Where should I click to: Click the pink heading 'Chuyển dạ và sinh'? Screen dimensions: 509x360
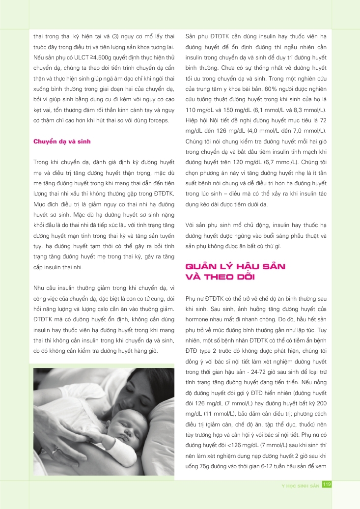coord(62,142)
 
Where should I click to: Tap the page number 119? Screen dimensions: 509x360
coord(327,485)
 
